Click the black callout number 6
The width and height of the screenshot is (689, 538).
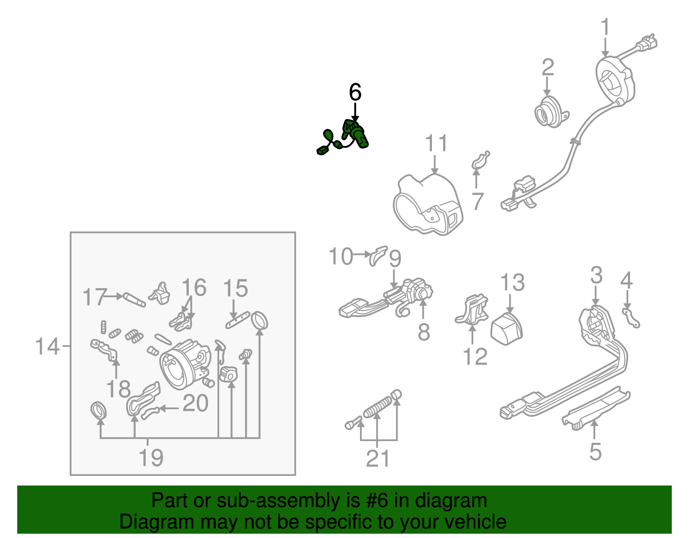point(355,92)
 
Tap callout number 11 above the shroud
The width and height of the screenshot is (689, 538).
point(436,143)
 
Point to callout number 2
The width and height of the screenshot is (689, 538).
point(547,67)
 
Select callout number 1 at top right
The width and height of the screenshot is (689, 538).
point(605,27)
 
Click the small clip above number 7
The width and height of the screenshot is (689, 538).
point(481,160)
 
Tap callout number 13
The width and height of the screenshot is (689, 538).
point(512,283)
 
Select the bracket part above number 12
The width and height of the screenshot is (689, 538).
point(473,309)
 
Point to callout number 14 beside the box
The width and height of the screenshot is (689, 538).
point(47,346)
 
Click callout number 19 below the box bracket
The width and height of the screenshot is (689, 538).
point(151,457)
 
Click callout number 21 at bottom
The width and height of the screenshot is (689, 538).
point(378,458)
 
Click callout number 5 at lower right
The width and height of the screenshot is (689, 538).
point(595,451)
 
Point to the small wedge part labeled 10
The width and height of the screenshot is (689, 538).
point(378,255)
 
